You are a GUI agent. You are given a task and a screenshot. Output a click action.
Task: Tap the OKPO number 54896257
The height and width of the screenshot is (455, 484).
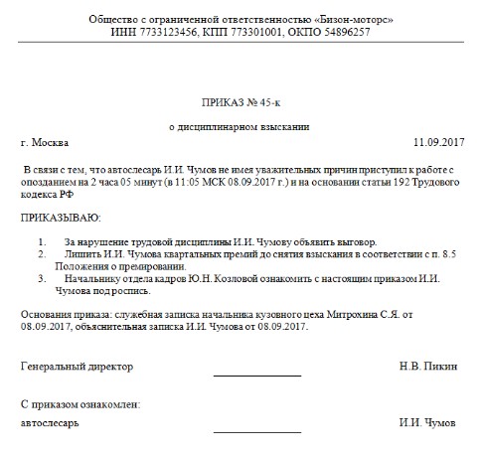pyautogui.click(x=340, y=32)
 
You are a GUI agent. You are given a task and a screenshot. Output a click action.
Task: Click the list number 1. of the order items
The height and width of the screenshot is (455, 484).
pyautogui.click(x=43, y=241)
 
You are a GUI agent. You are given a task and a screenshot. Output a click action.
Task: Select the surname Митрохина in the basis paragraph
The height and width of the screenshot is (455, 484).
pyautogui.click(x=361, y=314)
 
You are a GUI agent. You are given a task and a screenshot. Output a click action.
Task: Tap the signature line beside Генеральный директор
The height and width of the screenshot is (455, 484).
pyautogui.click(x=256, y=374)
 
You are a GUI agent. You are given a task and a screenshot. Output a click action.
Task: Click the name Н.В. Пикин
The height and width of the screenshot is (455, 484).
pyautogui.click(x=427, y=366)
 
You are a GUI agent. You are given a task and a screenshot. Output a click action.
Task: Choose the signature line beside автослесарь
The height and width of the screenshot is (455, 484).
pyautogui.click(x=256, y=429)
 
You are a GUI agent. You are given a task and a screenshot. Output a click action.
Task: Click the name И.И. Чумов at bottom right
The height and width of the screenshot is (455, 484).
pyautogui.click(x=428, y=422)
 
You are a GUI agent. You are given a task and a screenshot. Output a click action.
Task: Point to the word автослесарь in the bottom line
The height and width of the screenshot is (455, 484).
pyautogui.click(x=51, y=422)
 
